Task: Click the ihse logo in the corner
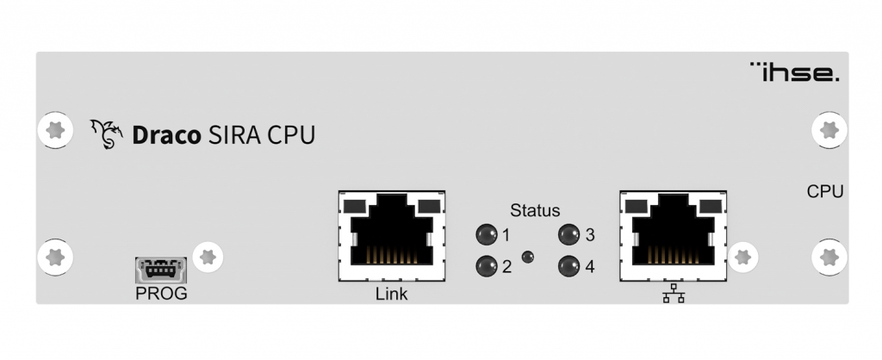coord(794,72)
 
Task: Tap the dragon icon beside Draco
coord(106,133)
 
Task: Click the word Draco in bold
coord(166,135)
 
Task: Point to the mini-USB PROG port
coord(161,270)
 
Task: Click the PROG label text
coord(161,294)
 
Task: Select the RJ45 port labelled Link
coord(392,236)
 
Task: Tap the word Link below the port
coord(392,294)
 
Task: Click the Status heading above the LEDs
coord(535,210)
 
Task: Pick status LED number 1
coord(487,234)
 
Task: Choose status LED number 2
coord(487,266)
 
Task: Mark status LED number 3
coord(568,234)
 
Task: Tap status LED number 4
coord(568,266)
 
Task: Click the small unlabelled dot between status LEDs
coord(528,257)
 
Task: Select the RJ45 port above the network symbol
coord(674,236)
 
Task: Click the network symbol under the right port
coord(674,293)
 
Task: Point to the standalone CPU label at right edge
coord(825,192)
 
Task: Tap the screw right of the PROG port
coord(208,257)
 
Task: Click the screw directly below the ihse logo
coord(829,130)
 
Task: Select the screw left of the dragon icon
coord(55,130)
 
